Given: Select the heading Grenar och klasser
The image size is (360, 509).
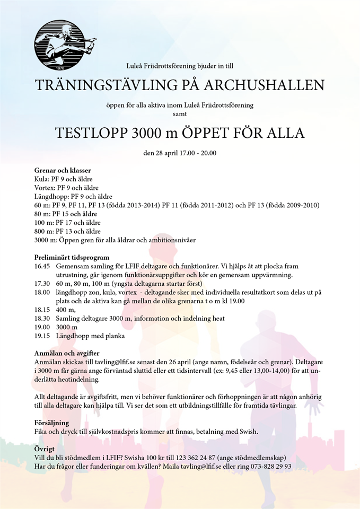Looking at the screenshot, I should click(x=63, y=170).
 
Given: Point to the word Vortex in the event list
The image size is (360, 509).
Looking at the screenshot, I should click(x=44, y=188).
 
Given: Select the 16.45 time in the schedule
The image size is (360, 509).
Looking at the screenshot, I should click(x=42, y=266).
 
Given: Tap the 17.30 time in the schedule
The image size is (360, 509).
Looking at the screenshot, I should click(x=42, y=284).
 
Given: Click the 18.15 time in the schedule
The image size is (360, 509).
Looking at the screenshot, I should click(x=42, y=310).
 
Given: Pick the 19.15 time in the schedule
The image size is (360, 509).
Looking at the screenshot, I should click(x=42, y=336).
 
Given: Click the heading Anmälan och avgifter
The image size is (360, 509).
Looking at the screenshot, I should click(x=67, y=353).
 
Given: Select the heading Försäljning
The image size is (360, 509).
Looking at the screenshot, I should click(x=51, y=423).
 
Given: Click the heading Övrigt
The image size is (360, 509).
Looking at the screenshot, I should click(x=45, y=449).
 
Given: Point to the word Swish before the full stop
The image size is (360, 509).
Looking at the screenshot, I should click(x=246, y=432).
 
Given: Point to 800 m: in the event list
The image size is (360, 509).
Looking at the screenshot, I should click(x=44, y=231).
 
